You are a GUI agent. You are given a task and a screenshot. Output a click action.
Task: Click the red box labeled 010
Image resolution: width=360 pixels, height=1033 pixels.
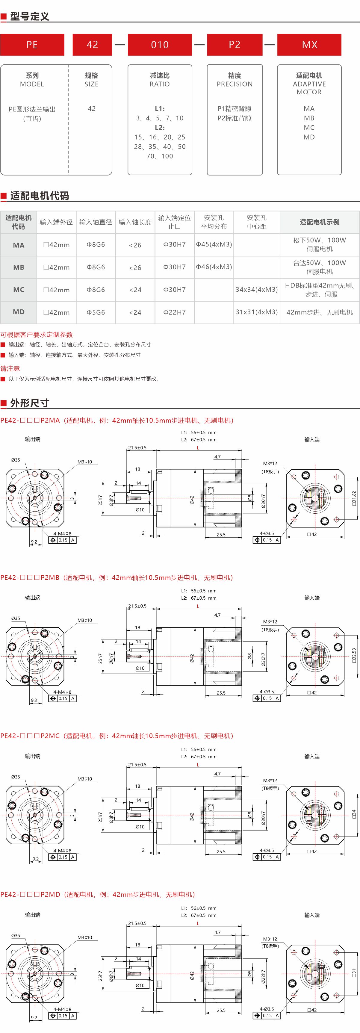coord(160,45)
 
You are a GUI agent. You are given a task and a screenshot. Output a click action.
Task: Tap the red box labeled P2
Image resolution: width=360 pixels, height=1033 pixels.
coord(235,45)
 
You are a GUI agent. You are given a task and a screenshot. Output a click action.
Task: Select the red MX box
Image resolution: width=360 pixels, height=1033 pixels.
coord(309,45)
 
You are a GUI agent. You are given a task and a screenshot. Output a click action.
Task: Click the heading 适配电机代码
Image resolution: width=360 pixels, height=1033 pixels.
coord(39,196)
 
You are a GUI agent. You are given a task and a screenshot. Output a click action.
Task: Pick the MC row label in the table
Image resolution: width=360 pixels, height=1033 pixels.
coord(19,290)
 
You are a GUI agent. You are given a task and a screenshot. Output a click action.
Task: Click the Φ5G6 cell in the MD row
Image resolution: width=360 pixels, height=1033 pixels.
coord(96,312)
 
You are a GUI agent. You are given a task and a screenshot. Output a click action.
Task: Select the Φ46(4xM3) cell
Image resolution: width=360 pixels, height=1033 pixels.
coord(214,267)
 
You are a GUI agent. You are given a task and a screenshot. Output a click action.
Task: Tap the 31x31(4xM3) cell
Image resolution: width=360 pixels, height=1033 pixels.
coord(257,312)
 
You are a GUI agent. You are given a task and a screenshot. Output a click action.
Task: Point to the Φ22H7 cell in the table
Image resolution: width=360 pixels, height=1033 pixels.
coord(174,312)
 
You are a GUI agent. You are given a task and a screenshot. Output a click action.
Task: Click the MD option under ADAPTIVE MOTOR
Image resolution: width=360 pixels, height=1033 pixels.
coord(309,137)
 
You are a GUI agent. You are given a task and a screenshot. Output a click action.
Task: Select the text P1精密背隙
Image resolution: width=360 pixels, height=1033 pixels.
coord(235,109)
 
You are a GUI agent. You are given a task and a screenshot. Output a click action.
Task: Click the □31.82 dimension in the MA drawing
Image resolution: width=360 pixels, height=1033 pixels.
coord(354,498)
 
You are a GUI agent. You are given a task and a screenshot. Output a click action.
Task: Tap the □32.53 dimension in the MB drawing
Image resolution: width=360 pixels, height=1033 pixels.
coord(354,656)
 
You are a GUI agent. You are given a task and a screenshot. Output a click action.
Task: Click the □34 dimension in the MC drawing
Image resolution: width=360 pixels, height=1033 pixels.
coord(354,814)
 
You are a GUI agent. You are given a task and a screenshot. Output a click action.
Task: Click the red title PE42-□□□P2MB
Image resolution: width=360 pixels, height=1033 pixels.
coord(30,577)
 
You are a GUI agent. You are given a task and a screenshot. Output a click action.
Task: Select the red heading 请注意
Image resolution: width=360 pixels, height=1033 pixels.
coord(10,368)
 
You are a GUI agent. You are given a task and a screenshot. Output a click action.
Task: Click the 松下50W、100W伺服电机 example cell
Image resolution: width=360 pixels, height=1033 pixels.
coord(320,245)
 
